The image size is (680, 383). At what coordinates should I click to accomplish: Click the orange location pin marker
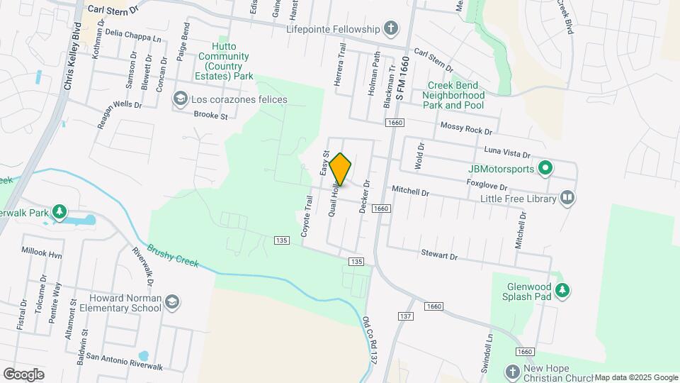pyautogui.click(x=340, y=169)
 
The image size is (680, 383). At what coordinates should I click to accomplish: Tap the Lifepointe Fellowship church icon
pyautogui.click(x=390, y=29)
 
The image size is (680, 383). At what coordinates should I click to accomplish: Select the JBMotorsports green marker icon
pyautogui.click(x=545, y=169)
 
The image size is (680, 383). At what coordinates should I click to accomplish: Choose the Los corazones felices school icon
pyautogui.click(x=180, y=99)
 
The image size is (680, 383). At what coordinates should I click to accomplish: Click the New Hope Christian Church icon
pyautogui.click(x=513, y=371)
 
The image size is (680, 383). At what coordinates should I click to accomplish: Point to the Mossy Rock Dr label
pyautogui.click(x=465, y=128)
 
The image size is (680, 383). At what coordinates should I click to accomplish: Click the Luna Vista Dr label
pyautogui.click(x=506, y=151)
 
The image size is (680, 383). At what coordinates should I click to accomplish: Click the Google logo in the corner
pyautogui.click(x=23, y=374)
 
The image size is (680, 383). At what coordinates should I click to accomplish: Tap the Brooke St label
pyautogui.click(x=210, y=115)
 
